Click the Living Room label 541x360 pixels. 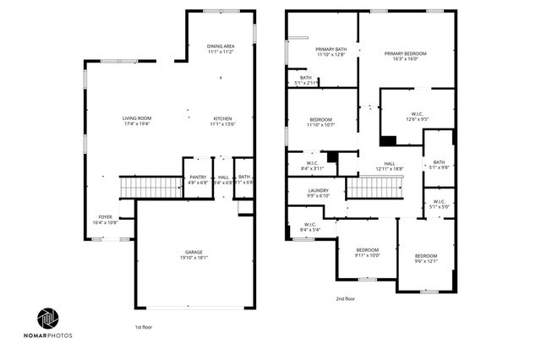(136, 121)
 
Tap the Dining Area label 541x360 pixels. (221, 48)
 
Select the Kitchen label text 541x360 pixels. (222, 121)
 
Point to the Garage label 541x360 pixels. (194, 255)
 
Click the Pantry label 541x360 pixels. (197, 179)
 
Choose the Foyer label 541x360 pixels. (105, 219)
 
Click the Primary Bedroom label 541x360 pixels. (406, 57)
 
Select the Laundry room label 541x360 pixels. (318, 193)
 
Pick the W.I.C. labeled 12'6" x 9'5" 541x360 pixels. (418, 117)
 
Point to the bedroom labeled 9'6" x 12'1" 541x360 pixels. (425, 259)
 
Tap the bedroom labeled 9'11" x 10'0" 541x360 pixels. (367, 252)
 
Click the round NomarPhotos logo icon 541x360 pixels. (47, 319)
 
